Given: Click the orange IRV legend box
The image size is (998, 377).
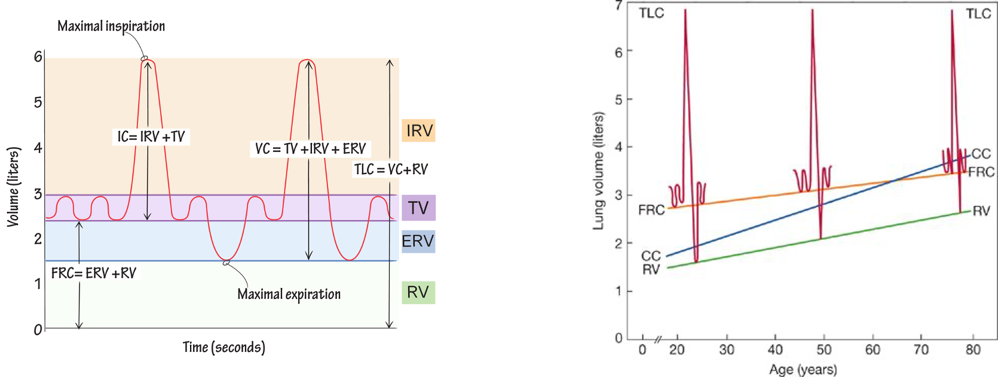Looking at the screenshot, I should [x=418, y=130].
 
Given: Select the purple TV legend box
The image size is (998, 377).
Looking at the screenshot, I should [x=418, y=208].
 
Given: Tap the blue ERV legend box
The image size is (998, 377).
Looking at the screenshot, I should [x=418, y=241].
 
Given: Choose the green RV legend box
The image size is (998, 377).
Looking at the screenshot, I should [x=418, y=292].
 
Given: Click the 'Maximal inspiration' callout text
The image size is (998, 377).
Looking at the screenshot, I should [x=111, y=26].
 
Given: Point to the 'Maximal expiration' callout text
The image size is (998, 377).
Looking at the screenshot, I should [x=289, y=294].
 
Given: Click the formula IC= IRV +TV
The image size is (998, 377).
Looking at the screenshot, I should [x=151, y=136].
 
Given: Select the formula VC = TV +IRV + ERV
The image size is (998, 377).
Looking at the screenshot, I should [x=310, y=148].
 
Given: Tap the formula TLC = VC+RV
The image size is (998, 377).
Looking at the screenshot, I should [x=391, y=169].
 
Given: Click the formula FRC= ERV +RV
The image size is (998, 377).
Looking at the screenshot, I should [x=94, y=273].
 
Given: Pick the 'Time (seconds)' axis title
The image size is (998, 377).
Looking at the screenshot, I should [x=224, y=348].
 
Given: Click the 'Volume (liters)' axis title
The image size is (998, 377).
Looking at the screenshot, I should [x=13, y=187].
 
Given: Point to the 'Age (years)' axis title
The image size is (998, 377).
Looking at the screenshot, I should [x=803, y=369].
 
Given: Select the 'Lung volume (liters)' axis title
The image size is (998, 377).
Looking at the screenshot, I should [x=598, y=171].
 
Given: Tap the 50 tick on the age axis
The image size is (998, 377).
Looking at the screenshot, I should [x=823, y=349].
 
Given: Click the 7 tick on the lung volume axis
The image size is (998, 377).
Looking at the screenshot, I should [x=619, y=5].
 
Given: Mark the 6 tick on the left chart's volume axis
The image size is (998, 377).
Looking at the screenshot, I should [x=38, y=57].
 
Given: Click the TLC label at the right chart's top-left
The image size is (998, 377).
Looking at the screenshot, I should [x=651, y=13].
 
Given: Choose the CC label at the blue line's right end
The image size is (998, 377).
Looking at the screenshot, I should [x=981, y=154].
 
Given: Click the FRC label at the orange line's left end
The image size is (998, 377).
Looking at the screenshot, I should [x=651, y=210].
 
